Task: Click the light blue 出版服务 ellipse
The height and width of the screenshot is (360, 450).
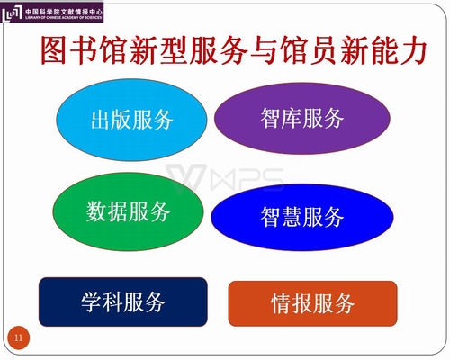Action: tap(131, 120)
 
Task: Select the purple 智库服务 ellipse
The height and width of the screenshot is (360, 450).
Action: tap(302, 118)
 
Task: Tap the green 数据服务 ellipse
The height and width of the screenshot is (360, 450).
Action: tap(128, 211)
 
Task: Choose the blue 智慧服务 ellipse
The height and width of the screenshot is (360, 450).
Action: tap(302, 217)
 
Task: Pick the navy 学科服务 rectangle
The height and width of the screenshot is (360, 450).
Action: tap(123, 301)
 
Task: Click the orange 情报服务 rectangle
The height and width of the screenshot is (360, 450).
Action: tap(312, 303)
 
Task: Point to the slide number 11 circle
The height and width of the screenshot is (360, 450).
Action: tap(19, 337)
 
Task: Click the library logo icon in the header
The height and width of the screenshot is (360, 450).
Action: tap(12, 13)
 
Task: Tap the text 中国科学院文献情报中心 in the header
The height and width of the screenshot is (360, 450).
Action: tap(64, 12)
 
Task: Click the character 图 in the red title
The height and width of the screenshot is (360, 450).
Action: tap(53, 50)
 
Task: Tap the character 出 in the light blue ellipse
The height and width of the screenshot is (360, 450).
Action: tap(101, 120)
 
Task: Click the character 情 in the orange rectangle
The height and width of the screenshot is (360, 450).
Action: tap(281, 303)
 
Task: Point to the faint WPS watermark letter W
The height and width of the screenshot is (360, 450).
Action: tap(186, 177)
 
